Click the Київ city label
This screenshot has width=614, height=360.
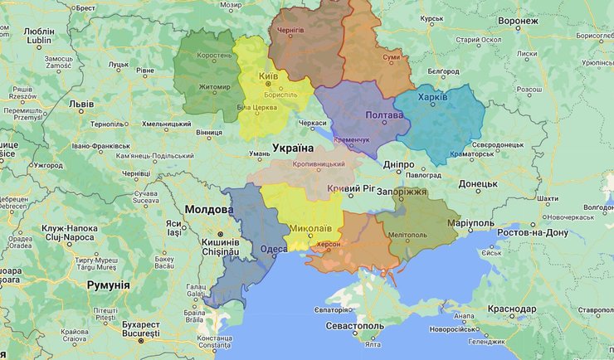269,76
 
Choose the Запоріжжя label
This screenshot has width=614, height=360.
402,192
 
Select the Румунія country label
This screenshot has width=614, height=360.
108,285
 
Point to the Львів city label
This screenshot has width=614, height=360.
81,105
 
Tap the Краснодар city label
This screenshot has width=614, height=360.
513,309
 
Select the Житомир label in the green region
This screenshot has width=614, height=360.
214,86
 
